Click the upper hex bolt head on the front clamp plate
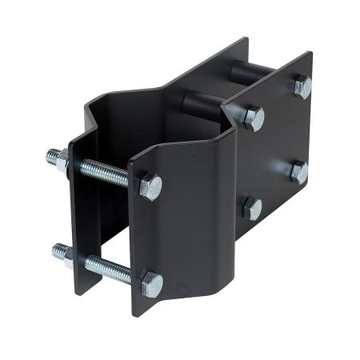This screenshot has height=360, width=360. pyautogui.click(x=150, y=188)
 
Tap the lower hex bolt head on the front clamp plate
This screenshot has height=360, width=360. pyautogui.click(x=150, y=284)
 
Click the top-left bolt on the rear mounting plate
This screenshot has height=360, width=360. pyautogui.click(x=253, y=118)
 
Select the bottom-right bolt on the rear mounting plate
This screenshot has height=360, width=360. pyautogui.click(x=298, y=170)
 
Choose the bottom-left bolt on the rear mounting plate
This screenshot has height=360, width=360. pyautogui.click(x=252, y=209)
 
